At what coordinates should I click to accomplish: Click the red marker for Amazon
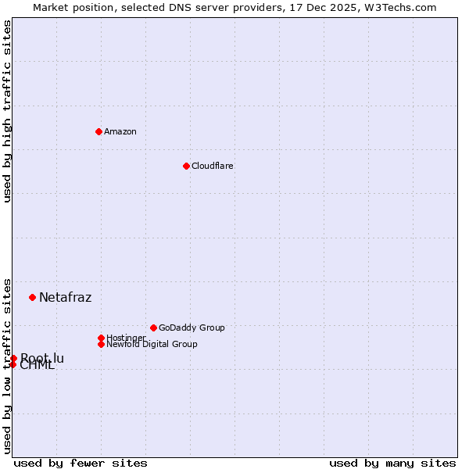click(x=98, y=131)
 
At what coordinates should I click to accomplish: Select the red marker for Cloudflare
click(x=186, y=166)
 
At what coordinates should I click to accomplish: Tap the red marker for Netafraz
click(x=32, y=297)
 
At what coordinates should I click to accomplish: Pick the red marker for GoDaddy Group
click(x=153, y=328)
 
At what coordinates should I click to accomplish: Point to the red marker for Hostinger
click(x=101, y=338)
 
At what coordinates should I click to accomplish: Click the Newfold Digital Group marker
click(x=101, y=344)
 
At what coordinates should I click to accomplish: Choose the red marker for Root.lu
click(x=13, y=358)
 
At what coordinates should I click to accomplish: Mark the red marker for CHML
click(x=13, y=364)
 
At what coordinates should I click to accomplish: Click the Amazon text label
click(x=120, y=131)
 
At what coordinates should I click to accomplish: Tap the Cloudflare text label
click(x=213, y=166)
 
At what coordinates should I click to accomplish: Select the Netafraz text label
click(x=65, y=297)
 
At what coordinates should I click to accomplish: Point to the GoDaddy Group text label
click(x=192, y=328)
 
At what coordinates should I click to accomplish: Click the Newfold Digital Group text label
click(x=152, y=344)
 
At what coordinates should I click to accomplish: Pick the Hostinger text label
click(x=126, y=338)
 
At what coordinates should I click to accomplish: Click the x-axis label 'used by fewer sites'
click(x=81, y=463)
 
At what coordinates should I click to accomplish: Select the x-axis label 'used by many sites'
click(x=392, y=463)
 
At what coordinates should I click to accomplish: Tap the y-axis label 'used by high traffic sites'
click(x=8, y=111)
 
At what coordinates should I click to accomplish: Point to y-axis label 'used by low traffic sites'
click(x=8, y=365)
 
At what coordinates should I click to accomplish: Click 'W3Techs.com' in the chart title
click(x=403, y=7)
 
